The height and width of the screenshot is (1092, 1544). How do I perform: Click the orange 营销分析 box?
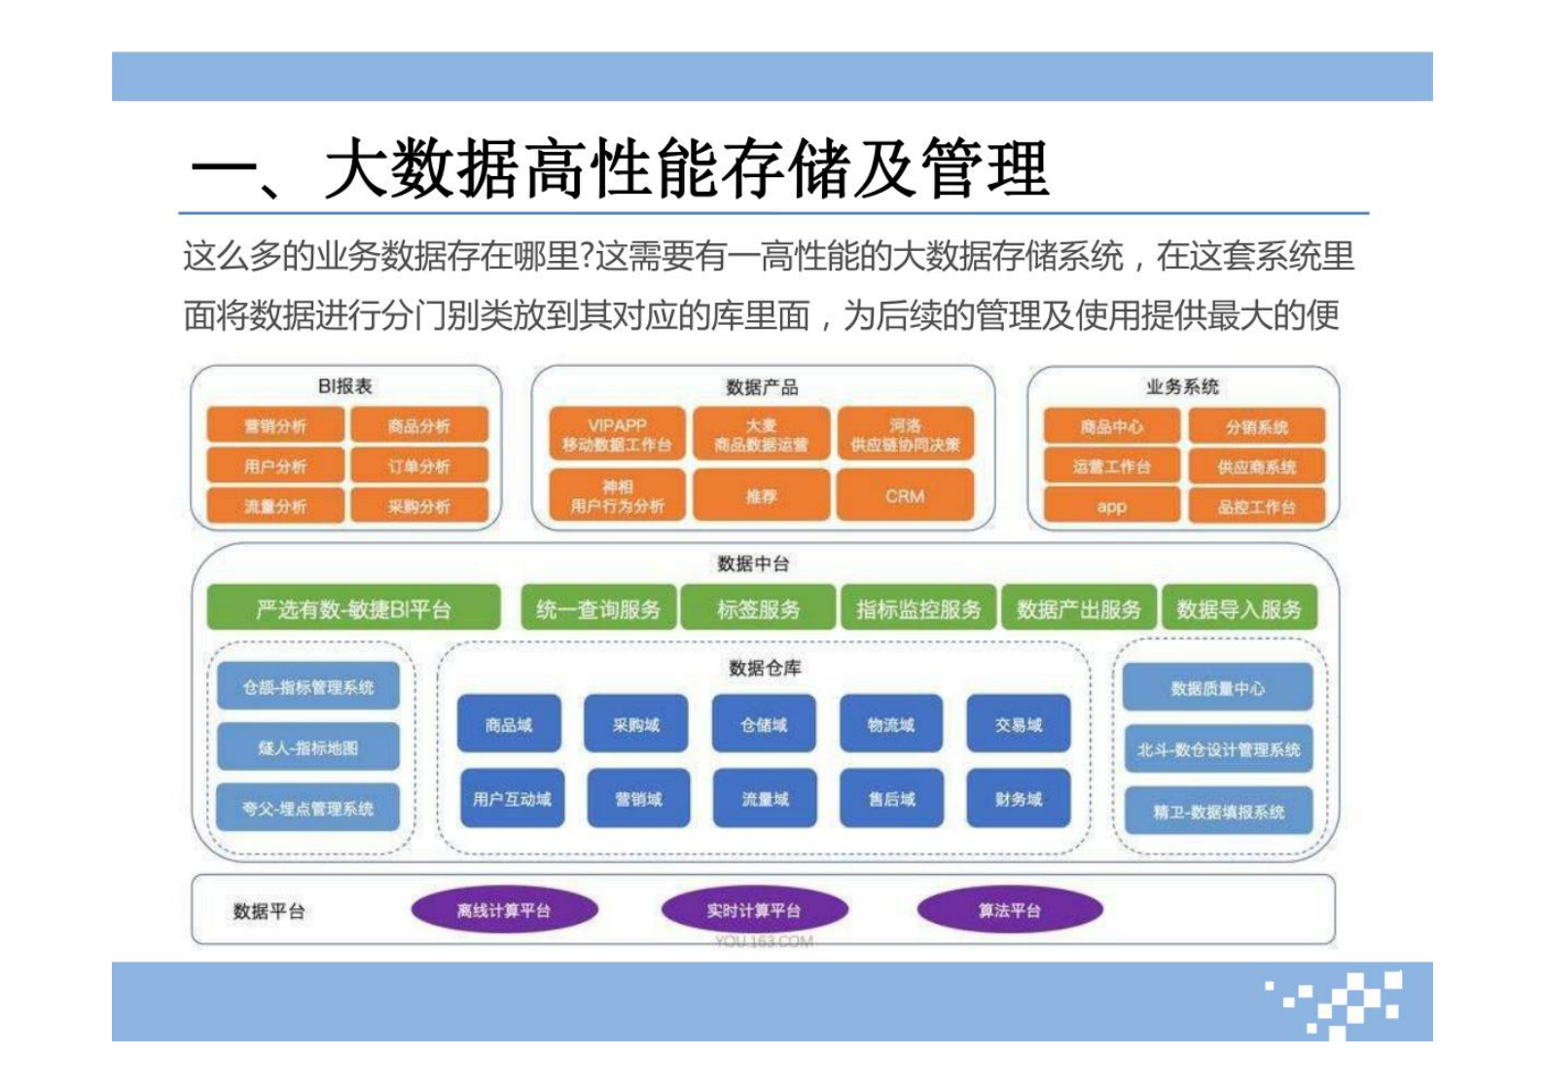coord(275,426)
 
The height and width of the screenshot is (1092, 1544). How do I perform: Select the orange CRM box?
coord(905,496)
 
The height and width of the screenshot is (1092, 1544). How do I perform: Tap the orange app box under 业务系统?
coord(1111,507)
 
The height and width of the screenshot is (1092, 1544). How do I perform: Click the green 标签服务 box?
coord(758,609)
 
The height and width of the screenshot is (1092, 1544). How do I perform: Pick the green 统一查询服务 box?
coord(598,609)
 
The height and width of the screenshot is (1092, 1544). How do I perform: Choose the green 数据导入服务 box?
coord(1239,609)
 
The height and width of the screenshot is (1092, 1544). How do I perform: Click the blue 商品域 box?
coord(509,725)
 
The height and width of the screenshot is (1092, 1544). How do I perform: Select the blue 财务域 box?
coord(1019,799)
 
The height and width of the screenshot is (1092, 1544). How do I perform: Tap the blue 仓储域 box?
coord(764,725)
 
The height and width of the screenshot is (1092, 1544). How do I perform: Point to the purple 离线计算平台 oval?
coord(504,911)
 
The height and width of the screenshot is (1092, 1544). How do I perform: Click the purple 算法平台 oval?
coord(1010,911)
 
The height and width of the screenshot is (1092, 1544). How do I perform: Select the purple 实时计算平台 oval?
coord(754,911)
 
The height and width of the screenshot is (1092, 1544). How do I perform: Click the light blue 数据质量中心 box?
coord(1217,688)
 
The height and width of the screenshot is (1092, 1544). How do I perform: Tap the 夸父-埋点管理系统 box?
coord(307,808)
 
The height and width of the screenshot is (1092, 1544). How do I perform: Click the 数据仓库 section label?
coord(765,668)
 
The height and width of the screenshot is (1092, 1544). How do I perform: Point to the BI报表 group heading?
coord(344,386)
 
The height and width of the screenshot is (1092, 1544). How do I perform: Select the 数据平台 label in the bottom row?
coord(269,911)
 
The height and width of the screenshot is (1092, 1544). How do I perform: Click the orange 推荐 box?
coord(761,496)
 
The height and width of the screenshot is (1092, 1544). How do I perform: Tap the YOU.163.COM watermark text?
coord(764,941)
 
